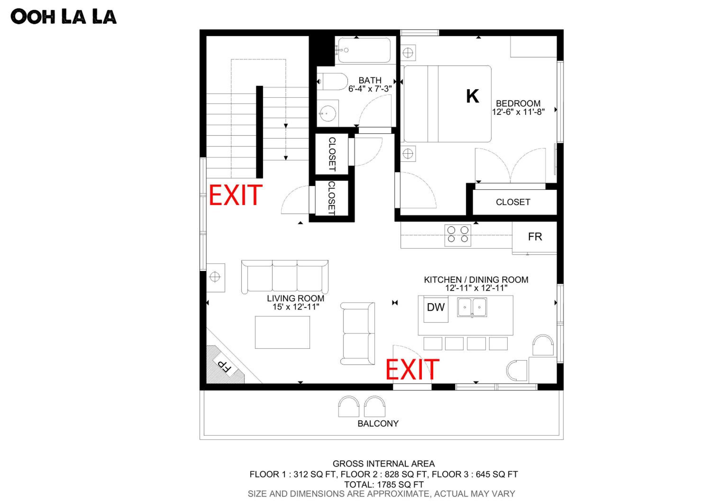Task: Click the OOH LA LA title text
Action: tap(64, 17)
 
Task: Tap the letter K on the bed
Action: tap(473, 96)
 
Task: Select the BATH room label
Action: tap(370, 80)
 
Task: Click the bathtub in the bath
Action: tap(364, 50)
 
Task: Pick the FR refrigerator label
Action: tap(535, 237)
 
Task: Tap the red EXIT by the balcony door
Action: tap(412, 369)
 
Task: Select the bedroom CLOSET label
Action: tap(513, 202)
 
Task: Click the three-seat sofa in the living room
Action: tap(285, 277)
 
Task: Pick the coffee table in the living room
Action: tap(283, 332)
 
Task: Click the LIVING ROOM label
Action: tap(296, 298)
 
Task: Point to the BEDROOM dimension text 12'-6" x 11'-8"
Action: tap(518, 112)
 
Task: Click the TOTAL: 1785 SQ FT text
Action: tap(384, 484)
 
